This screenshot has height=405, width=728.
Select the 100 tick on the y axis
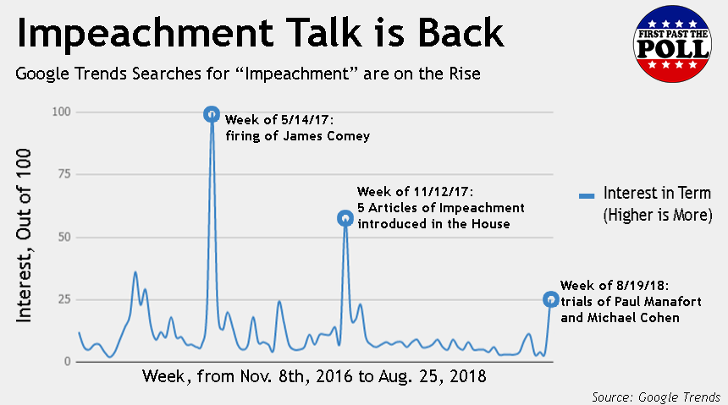click(62, 112)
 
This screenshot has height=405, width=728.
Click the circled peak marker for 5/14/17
click(212, 114)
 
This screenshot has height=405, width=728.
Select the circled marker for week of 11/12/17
click(345, 218)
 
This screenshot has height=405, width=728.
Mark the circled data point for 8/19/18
click(550, 299)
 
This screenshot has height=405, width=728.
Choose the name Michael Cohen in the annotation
click(628, 319)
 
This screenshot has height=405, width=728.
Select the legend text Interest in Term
click(657, 194)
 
